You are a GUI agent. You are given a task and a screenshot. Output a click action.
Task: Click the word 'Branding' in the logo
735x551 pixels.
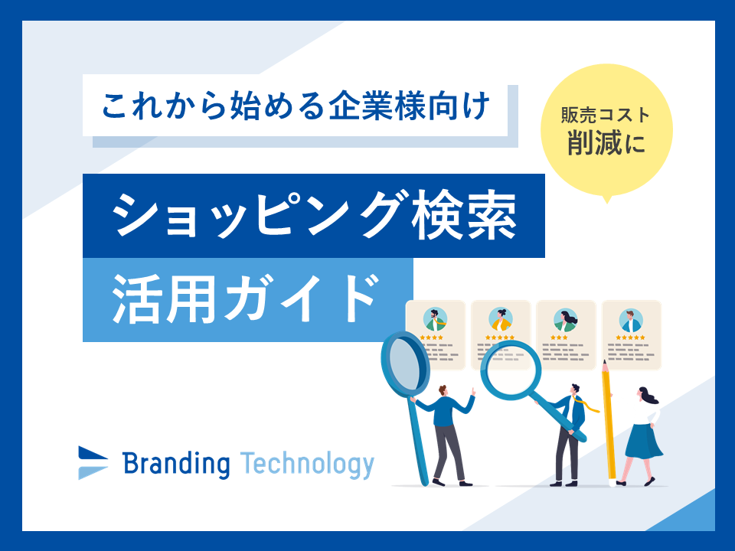(176, 464)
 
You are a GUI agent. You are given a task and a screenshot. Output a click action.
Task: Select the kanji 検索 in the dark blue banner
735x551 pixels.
(464, 216)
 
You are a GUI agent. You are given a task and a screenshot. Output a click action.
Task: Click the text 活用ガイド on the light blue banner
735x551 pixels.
(246, 300)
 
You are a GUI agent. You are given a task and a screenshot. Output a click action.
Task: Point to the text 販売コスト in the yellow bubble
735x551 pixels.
(606, 115)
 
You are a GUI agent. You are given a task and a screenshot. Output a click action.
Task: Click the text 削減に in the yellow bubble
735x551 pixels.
(606, 142)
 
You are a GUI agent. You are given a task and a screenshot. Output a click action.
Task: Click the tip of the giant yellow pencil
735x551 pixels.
(604, 362)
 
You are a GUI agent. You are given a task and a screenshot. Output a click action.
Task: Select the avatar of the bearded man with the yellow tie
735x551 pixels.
(435, 320)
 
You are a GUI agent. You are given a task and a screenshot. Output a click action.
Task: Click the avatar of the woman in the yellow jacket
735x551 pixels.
(501, 320)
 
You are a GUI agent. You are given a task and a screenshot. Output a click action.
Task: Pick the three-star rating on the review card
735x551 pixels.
(559, 337)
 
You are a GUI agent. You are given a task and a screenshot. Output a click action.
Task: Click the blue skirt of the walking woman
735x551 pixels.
(643, 441)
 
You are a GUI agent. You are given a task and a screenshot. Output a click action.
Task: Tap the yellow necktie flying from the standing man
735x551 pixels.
(587, 404)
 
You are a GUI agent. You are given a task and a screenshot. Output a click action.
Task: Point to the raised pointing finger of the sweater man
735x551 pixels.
(473, 391)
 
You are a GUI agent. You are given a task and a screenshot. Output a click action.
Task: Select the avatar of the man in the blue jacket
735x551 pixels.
(631, 320)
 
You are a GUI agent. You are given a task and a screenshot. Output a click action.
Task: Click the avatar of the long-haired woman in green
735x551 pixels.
(565, 320)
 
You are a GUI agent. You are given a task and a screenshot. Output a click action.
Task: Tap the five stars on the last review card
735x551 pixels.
(630, 337)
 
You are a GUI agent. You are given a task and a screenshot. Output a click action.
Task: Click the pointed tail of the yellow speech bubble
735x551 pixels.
(607, 202)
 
